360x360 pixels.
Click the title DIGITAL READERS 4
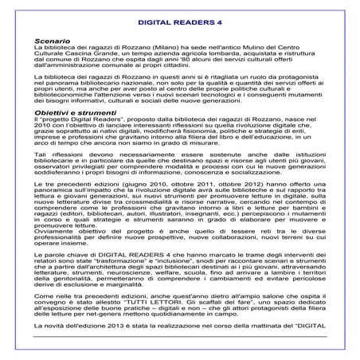tap(179, 24)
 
